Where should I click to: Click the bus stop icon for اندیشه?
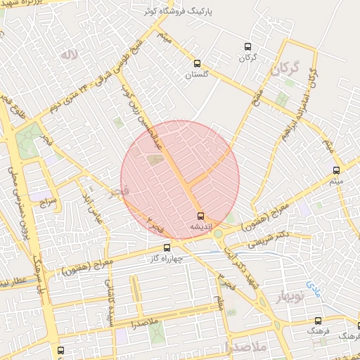tap(200, 216)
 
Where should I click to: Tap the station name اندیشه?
tap(200, 228)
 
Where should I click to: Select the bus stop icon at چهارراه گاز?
tap(167, 247)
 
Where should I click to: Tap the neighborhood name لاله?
tap(67, 54)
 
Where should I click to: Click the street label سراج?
tap(47, 201)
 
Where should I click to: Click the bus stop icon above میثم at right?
tap(336, 170)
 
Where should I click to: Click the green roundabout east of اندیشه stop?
tap(218, 233)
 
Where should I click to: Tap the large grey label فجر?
tap(117, 191)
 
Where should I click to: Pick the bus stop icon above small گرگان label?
tap(247, 44)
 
